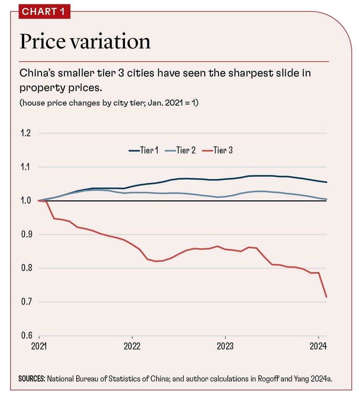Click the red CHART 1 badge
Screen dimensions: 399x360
coord(43,11)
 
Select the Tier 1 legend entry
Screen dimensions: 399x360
coord(144,150)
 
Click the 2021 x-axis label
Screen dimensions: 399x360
coord(39,347)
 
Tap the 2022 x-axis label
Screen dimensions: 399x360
coord(132,347)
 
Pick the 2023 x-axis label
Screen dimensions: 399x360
coord(225,347)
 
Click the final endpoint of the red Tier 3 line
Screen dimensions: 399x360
coord(326,297)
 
